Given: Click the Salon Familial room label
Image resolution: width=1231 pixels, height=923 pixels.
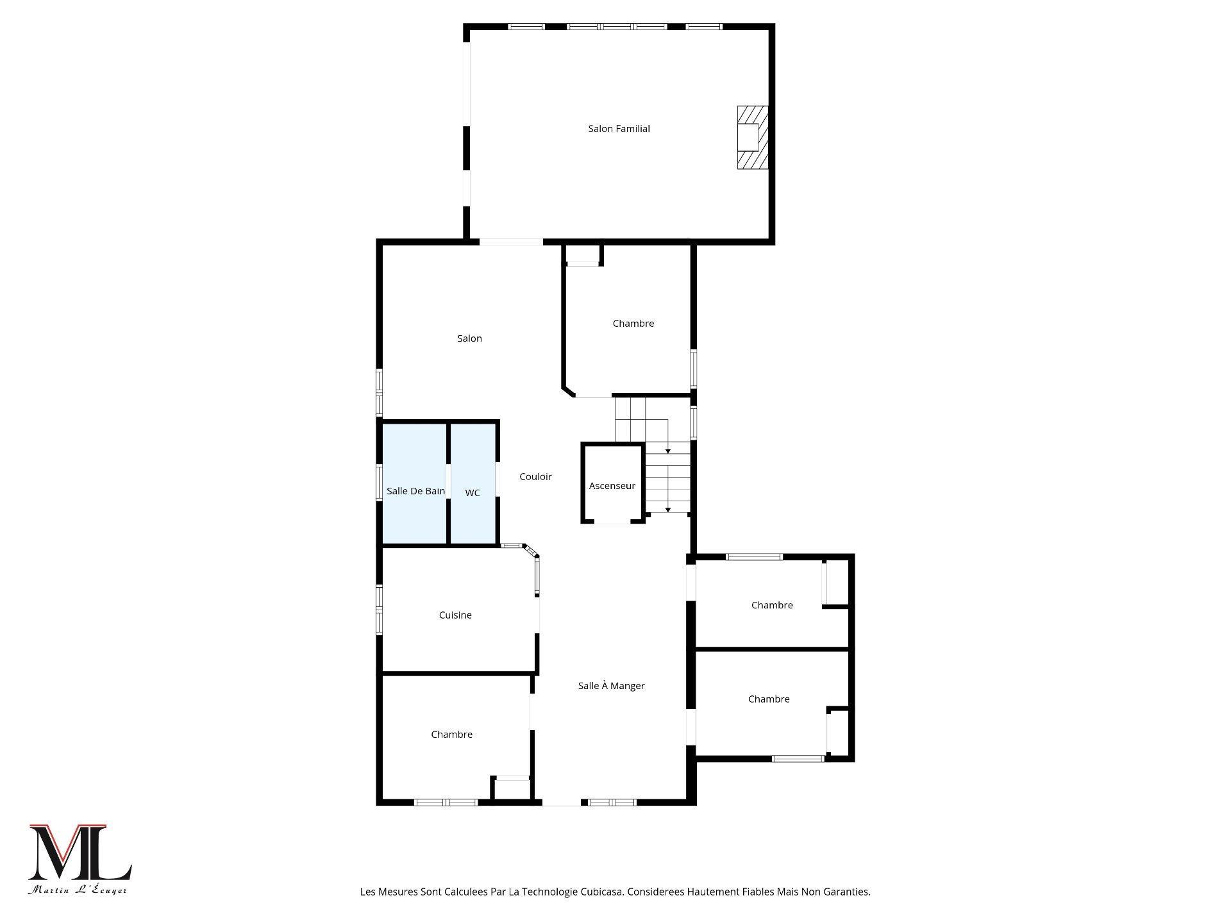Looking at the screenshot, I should (x=619, y=129).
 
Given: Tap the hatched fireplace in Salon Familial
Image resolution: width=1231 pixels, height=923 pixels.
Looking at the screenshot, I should (x=751, y=137).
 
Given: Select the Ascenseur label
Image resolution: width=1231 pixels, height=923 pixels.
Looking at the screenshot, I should (x=612, y=486).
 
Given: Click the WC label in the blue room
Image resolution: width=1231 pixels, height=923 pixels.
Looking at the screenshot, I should (x=473, y=493).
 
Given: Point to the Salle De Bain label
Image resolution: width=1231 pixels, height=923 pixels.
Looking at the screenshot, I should (x=415, y=491).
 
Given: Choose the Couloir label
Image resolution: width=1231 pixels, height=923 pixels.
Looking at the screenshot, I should (x=535, y=476).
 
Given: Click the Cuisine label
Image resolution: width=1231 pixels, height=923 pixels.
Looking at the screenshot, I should (x=455, y=615).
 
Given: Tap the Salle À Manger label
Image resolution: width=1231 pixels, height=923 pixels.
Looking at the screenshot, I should (x=611, y=686).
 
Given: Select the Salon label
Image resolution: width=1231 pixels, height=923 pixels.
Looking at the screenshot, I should (x=469, y=338).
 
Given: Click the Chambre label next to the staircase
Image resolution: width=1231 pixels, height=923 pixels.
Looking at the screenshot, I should (x=633, y=324).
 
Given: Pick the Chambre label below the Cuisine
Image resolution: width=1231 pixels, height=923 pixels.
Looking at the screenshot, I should (x=451, y=735).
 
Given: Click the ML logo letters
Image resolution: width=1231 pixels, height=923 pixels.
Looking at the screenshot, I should (x=80, y=852).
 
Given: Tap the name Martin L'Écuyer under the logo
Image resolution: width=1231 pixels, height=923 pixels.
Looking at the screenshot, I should (x=78, y=890).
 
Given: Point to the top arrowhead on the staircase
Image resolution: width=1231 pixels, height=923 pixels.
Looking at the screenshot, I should (x=667, y=452).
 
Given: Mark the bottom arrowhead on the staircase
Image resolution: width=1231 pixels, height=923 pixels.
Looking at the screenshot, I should (x=667, y=510).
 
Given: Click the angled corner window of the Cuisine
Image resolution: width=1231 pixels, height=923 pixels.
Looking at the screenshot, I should (x=530, y=551).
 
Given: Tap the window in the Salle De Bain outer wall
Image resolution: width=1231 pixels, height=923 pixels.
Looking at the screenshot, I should (x=379, y=482).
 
